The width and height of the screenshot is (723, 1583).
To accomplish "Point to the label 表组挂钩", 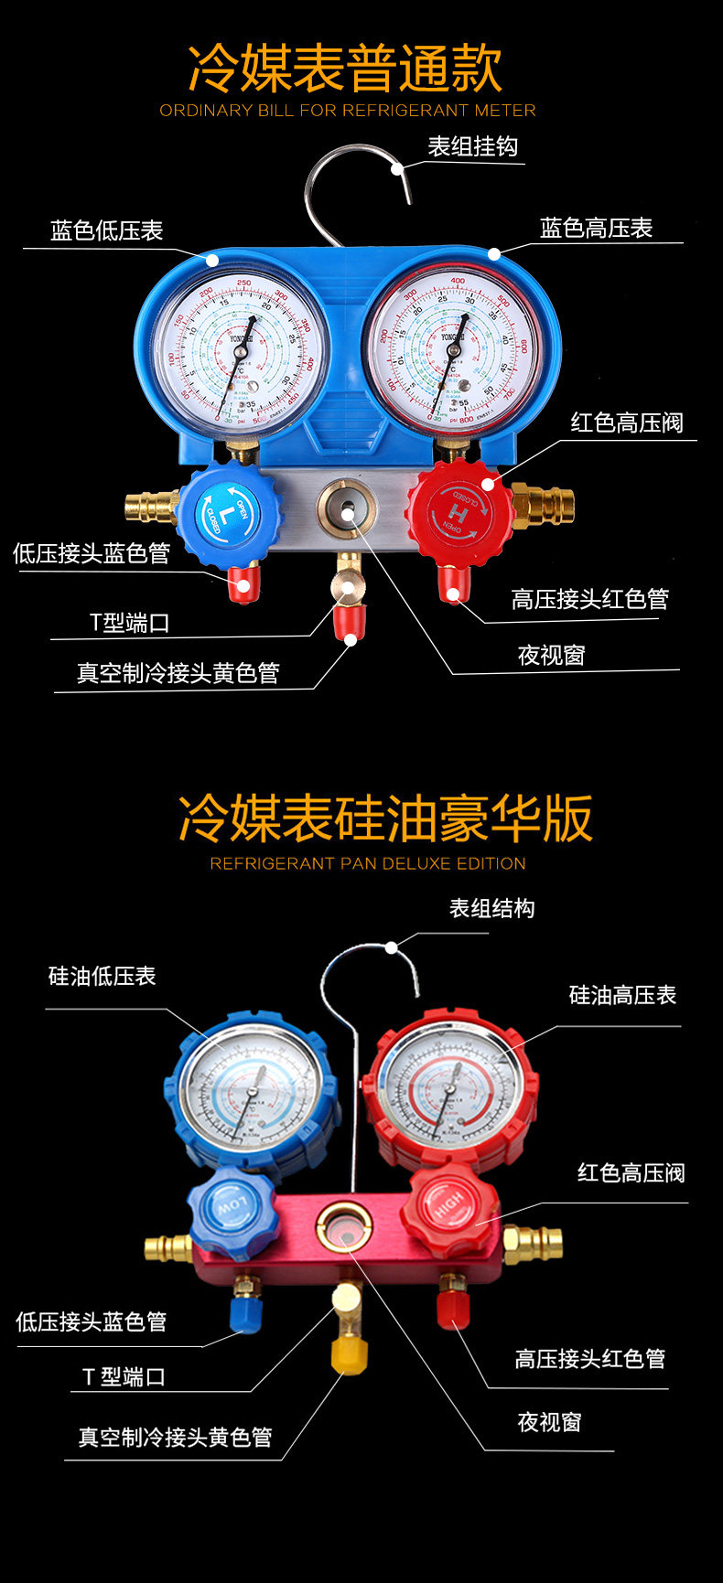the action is tap(473, 146).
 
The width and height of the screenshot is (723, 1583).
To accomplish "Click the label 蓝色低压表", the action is tap(107, 230).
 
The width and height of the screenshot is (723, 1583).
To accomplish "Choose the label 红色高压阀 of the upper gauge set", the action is tap(627, 422).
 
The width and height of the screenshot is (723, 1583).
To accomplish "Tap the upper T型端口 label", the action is tap(130, 623).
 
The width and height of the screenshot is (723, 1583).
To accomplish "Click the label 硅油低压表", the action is tap(103, 976).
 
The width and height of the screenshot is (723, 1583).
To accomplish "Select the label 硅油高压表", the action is tap(622, 994).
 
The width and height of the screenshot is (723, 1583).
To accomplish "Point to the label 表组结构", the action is tap(491, 908).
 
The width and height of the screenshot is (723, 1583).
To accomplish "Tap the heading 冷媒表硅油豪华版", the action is tap(385, 818).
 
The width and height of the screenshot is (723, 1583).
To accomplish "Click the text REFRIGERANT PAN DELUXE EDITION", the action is tap(368, 863).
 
